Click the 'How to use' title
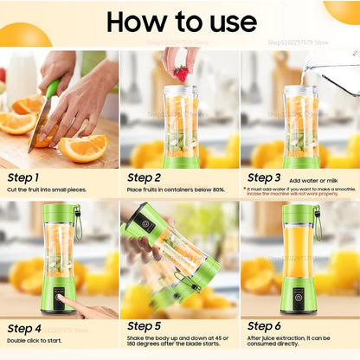(180, 22)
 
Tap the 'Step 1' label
(27, 177)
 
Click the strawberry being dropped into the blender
(181, 73)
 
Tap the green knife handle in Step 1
(52, 88)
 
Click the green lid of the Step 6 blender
(299, 213)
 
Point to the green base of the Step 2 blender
(181, 162)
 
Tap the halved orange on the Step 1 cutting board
(82, 147)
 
